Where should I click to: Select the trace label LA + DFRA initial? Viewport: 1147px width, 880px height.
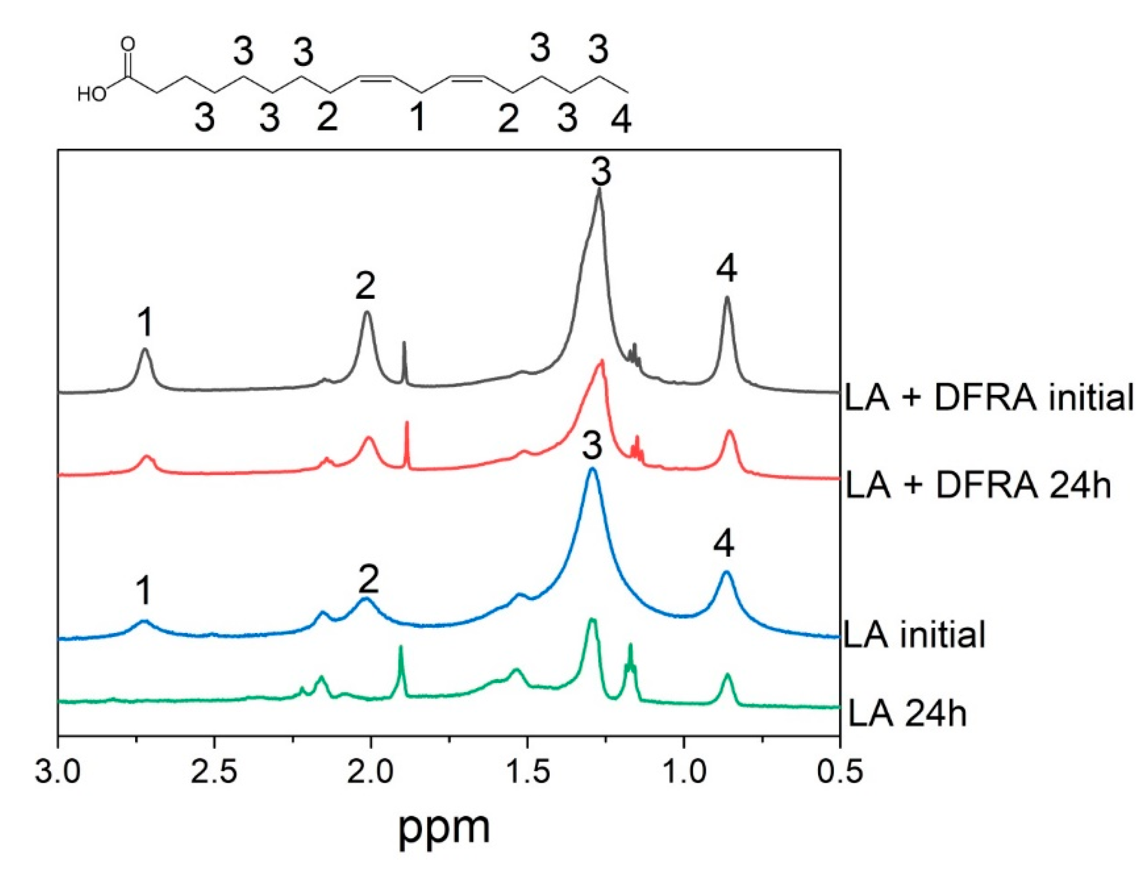coord(988,398)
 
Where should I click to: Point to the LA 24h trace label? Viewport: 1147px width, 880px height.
coord(907,714)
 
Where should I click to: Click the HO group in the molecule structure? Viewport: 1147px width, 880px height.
coord(91,95)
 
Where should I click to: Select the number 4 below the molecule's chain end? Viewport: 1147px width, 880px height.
coord(621,120)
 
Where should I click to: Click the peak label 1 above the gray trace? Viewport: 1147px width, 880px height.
coord(145,323)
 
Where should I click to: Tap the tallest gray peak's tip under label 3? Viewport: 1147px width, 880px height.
coord(599,191)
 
